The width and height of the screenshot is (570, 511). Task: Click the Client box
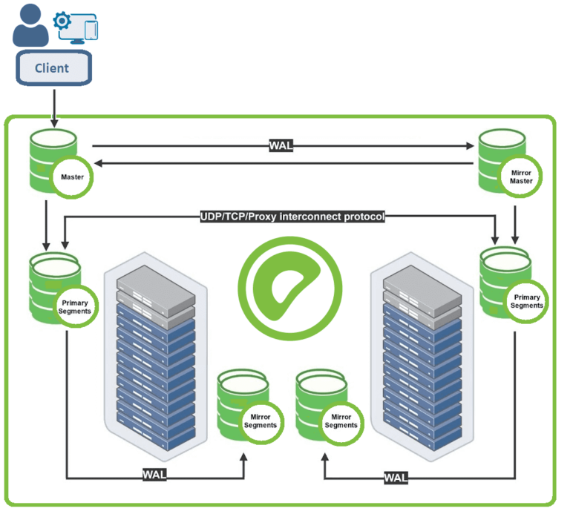coord(53,68)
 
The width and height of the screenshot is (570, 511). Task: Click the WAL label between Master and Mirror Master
coord(281,145)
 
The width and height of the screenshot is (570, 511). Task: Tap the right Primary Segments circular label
coord(526,300)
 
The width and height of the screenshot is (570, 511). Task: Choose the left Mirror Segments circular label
coord(260,421)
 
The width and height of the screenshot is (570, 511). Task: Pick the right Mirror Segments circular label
coord(341,421)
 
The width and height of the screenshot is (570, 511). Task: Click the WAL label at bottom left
coord(154,475)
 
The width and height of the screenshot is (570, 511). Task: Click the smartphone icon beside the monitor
coord(91,30)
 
